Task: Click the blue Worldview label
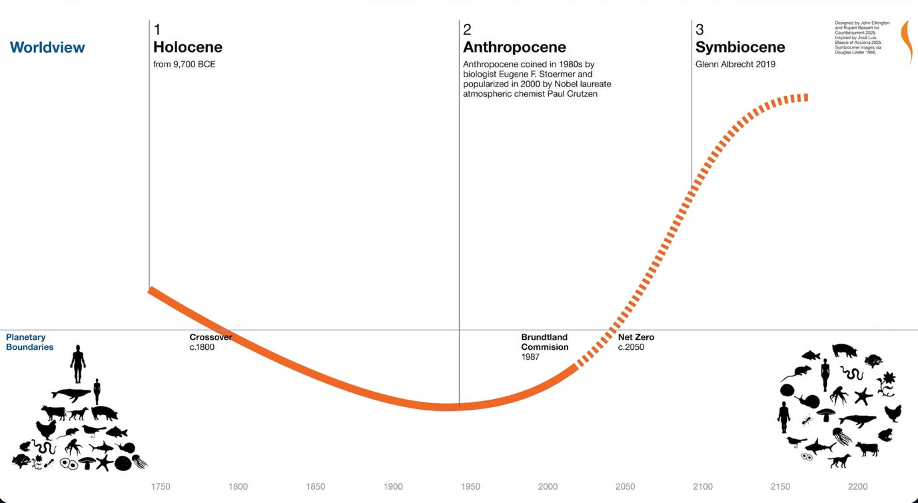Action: click(x=47, y=47)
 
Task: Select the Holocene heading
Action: click(x=187, y=47)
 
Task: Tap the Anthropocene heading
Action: click(x=514, y=47)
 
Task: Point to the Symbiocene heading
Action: click(x=740, y=47)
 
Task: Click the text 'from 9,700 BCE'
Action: click(x=184, y=65)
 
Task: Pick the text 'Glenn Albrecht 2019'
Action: click(x=735, y=65)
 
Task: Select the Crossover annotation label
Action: click(x=211, y=337)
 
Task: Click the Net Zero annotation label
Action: click(x=636, y=337)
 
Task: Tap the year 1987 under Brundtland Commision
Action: click(x=531, y=357)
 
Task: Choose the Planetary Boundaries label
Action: click(x=30, y=342)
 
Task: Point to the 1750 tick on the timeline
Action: click(x=161, y=486)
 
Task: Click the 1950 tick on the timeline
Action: click(x=470, y=486)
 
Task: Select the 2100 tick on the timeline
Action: click(x=703, y=486)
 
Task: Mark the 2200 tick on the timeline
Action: click(x=857, y=486)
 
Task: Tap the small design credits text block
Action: click(x=862, y=37)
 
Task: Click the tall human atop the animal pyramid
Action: click(x=79, y=364)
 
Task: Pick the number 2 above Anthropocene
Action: click(x=467, y=29)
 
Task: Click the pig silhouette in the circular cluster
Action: click(x=844, y=350)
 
